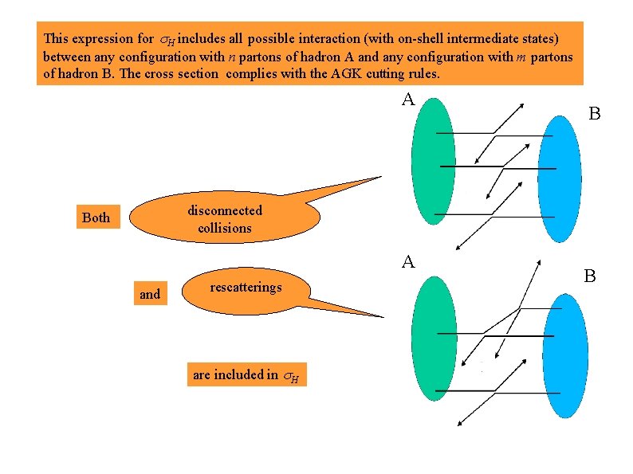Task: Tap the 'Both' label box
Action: pos(96,217)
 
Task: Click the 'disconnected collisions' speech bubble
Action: pos(225,219)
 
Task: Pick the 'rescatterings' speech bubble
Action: pos(246,288)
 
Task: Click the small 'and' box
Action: pos(150,294)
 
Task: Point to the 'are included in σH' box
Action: pos(246,374)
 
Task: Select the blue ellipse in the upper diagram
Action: pos(564,176)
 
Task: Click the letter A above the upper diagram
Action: pos(408,100)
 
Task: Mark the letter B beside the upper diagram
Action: pos(595,114)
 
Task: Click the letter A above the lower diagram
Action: pos(408,261)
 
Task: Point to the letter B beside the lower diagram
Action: pos(590,276)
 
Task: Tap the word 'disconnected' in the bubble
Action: pos(225,210)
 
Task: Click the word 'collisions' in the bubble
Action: pos(225,228)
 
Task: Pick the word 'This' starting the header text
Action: pos(56,38)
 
